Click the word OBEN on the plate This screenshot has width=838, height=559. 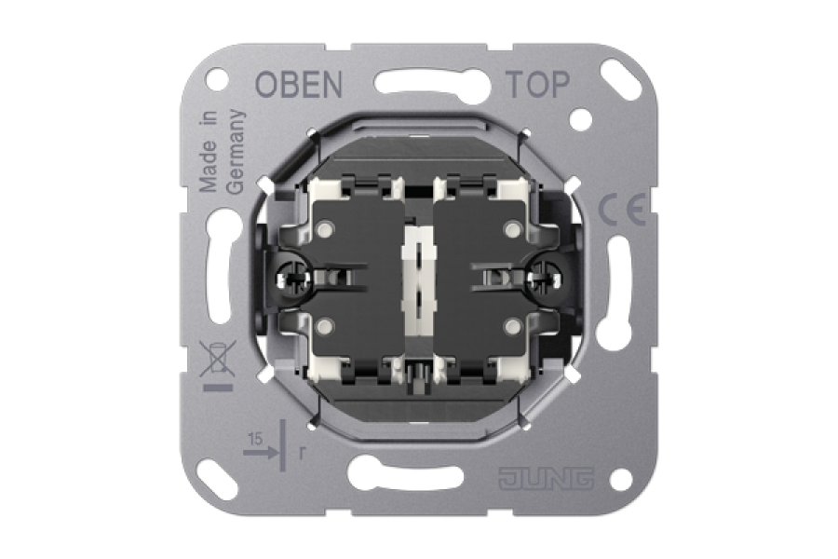click(x=299, y=84)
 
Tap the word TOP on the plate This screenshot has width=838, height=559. click(x=537, y=84)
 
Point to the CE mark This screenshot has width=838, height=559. click(x=622, y=211)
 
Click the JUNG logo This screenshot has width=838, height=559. click(x=547, y=479)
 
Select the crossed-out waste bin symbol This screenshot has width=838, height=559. click(x=218, y=358)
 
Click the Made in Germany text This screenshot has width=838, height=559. click(x=221, y=151)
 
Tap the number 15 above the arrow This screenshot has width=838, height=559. click(x=255, y=439)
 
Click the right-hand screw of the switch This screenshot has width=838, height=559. click(x=543, y=277)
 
